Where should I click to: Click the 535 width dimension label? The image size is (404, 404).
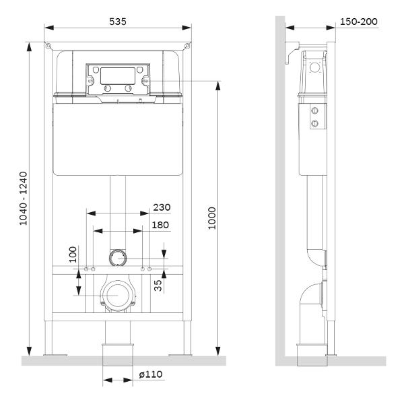coord(118,22)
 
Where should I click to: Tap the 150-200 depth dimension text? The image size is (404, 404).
coord(359,22)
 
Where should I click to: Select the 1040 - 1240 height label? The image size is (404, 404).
coord(23,199)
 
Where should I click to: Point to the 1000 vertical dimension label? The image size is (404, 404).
coord(212,218)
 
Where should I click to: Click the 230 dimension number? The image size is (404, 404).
coord(162,207)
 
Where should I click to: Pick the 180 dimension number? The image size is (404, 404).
coord(160,225)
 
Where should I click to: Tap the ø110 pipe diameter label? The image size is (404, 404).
coord(151,374)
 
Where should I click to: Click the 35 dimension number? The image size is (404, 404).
coord(158,285)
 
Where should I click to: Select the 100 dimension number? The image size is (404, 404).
coord(73,255)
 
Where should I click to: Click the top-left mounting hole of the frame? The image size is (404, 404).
coord(48,46)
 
